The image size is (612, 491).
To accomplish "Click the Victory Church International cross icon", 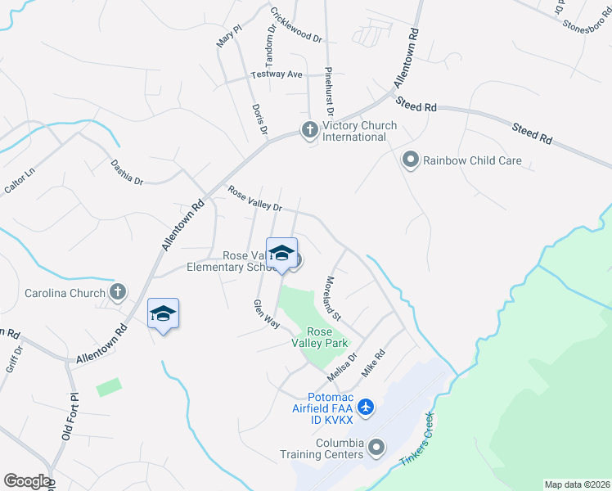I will (x=309, y=130).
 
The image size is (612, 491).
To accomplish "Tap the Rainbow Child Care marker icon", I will (x=411, y=160).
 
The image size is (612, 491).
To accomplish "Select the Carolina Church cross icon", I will (x=118, y=292).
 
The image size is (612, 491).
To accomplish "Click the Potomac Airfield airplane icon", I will (x=366, y=407).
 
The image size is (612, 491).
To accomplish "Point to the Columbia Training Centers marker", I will (x=376, y=448).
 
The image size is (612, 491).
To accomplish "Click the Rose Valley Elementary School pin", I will (x=281, y=254).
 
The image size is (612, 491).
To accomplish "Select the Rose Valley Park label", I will (x=319, y=337).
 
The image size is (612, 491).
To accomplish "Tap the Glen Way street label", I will (x=267, y=314).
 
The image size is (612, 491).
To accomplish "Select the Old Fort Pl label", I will (x=70, y=417).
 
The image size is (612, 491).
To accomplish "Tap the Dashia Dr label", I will (x=128, y=172).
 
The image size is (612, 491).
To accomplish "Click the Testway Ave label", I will (x=277, y=74).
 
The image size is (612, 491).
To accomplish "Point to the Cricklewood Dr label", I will (x=296, y=25).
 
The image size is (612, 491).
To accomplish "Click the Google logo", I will (x=26, y=481).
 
